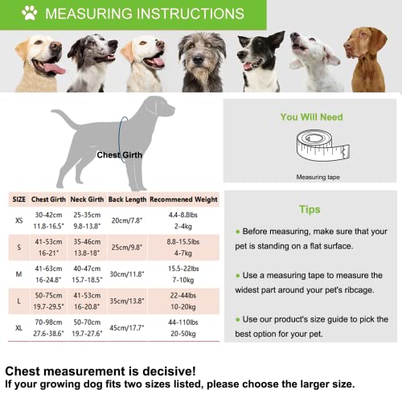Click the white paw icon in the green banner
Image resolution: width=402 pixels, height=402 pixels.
tap(30, 14)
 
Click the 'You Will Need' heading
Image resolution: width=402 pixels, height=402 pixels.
tap(311, 117)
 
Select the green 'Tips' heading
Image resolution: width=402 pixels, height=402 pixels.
tap(310, 210)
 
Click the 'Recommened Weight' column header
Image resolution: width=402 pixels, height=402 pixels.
tap(183, 199)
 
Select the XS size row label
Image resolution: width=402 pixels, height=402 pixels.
tap(18, 220)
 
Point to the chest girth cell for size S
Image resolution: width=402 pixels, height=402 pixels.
tap(49, 247)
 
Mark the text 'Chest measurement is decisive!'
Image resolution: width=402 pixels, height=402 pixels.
tap(100, 371)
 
